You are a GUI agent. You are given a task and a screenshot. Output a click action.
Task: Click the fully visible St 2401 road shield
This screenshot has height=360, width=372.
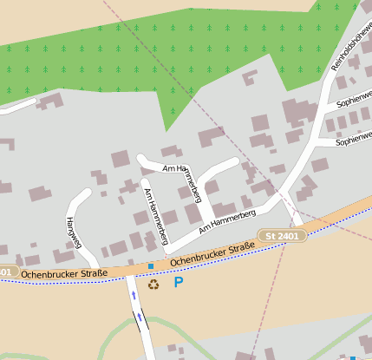[x=283, y=235]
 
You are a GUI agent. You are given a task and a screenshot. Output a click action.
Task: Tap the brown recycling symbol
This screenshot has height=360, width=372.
[x=153, y=284]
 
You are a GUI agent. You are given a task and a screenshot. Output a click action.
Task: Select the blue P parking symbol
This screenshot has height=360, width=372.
[x=179, y=282]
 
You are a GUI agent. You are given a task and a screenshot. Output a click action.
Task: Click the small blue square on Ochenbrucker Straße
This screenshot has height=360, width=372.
[x=151, y=265]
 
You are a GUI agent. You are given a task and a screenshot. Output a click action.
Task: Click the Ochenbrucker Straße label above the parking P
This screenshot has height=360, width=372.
[x=212, y=254]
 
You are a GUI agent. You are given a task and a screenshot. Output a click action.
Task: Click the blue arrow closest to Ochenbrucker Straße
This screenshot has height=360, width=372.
[x=134, y=296]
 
